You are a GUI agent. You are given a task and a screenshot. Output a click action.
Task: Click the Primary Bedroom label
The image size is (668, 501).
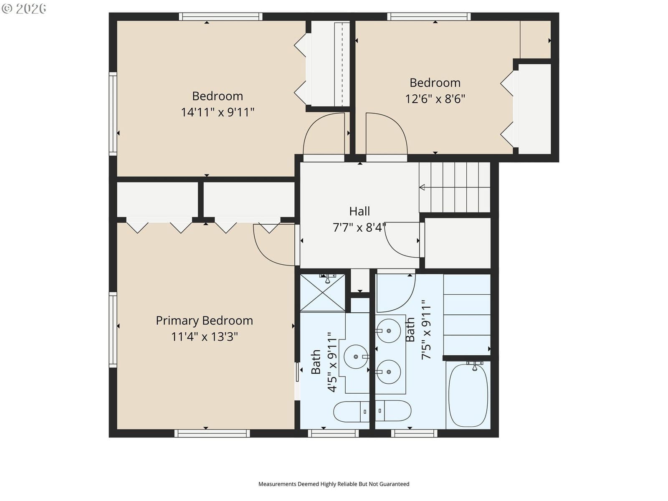click(204, 321)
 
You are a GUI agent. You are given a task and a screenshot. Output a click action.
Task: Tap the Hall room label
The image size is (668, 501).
click(359, 211)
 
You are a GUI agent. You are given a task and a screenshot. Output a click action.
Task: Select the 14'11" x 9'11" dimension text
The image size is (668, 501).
click(218, 112)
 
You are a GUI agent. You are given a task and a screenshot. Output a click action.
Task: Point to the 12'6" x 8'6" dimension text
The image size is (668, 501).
click(435, 99)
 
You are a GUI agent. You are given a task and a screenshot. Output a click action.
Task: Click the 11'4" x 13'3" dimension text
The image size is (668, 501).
click(204, 337)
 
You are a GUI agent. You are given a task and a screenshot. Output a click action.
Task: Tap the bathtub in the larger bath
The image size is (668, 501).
click(468, 395)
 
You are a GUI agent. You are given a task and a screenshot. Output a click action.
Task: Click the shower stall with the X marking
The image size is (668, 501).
click(323, 293)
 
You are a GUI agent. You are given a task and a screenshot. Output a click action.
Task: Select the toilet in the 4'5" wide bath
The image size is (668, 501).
click(352, 412)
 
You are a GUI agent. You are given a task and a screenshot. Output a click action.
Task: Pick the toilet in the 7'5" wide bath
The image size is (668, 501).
click(393, 411)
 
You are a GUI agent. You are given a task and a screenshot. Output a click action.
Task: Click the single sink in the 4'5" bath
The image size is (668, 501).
click(356, 357)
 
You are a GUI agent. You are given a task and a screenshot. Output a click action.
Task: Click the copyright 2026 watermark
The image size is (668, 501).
click(24, 8)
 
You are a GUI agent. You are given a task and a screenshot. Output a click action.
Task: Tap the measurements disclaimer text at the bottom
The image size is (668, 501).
click(334, 484)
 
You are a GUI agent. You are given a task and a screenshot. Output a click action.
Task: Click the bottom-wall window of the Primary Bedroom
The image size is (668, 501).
click(212, 433)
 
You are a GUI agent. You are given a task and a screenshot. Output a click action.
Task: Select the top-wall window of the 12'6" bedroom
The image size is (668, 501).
click(429, 16)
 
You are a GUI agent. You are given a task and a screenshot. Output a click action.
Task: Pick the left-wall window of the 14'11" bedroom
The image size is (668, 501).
click(113, 114)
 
